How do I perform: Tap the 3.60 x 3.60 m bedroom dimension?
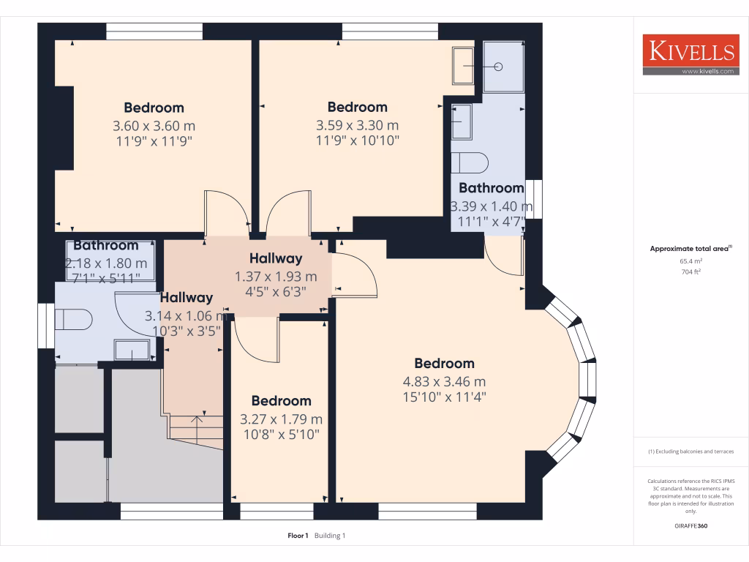154,125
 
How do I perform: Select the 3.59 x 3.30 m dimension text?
357,125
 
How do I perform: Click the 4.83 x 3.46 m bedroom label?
444,381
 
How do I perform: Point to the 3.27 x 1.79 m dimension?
281,419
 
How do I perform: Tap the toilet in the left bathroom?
75,319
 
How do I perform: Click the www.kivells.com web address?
707,71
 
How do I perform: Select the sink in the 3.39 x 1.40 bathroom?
461,121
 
